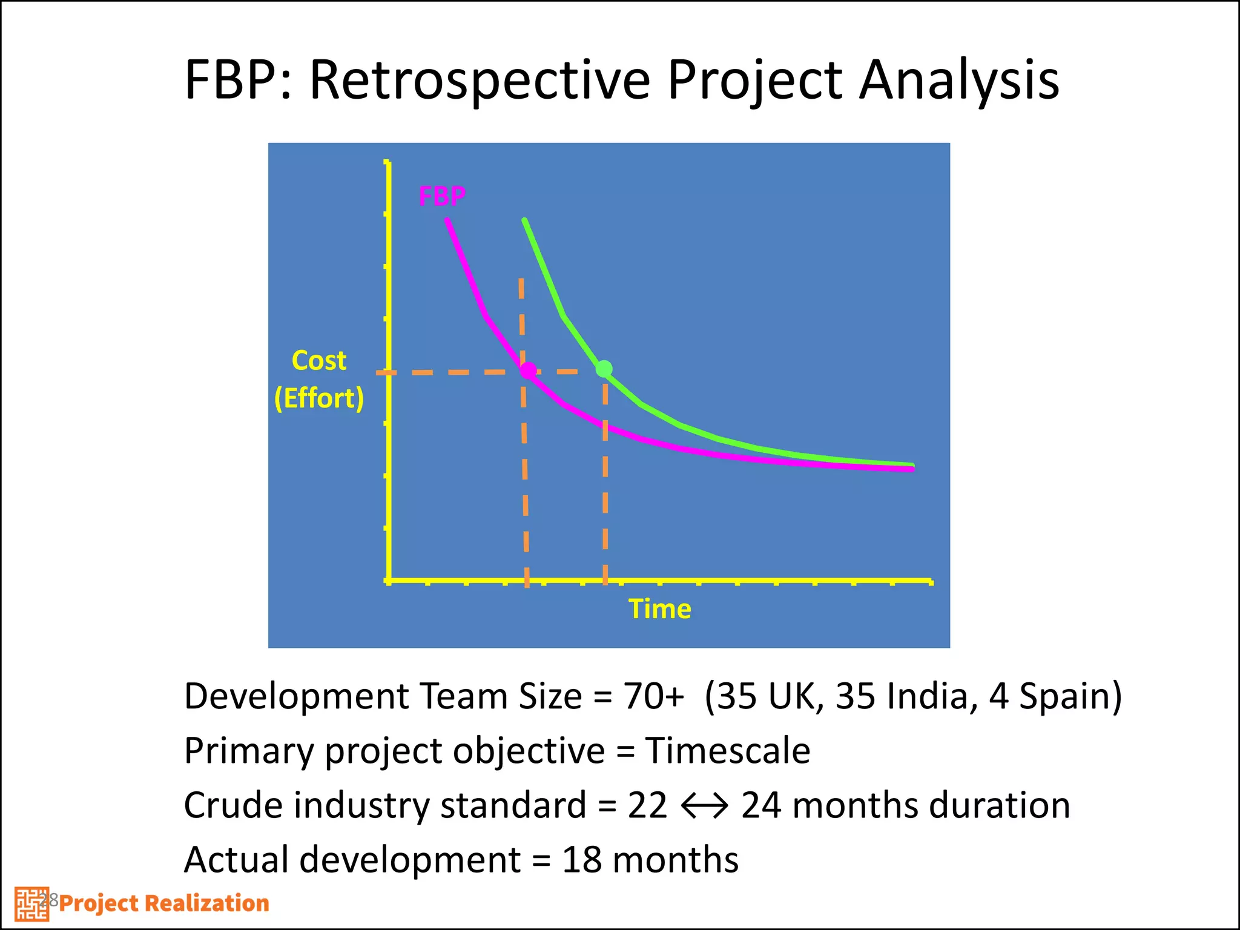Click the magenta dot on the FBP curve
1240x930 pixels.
click(528, 370)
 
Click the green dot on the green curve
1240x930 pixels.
click(604, 369)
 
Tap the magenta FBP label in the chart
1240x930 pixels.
click(442, 196)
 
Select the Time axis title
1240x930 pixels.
click(659, 608)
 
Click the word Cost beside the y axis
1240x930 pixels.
click(319, 361)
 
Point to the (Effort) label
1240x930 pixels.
click(319, 398)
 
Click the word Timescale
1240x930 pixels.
click(727, 751)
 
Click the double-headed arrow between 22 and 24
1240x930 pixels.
click(704, 806)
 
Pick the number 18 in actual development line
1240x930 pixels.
click(582, 860)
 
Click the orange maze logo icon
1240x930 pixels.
click(31, 904)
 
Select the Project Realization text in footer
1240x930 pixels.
click(164, 903)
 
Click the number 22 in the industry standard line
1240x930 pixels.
click(647, 806)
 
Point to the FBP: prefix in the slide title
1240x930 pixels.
click(239, 80)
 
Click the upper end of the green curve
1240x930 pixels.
click(525, 221)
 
